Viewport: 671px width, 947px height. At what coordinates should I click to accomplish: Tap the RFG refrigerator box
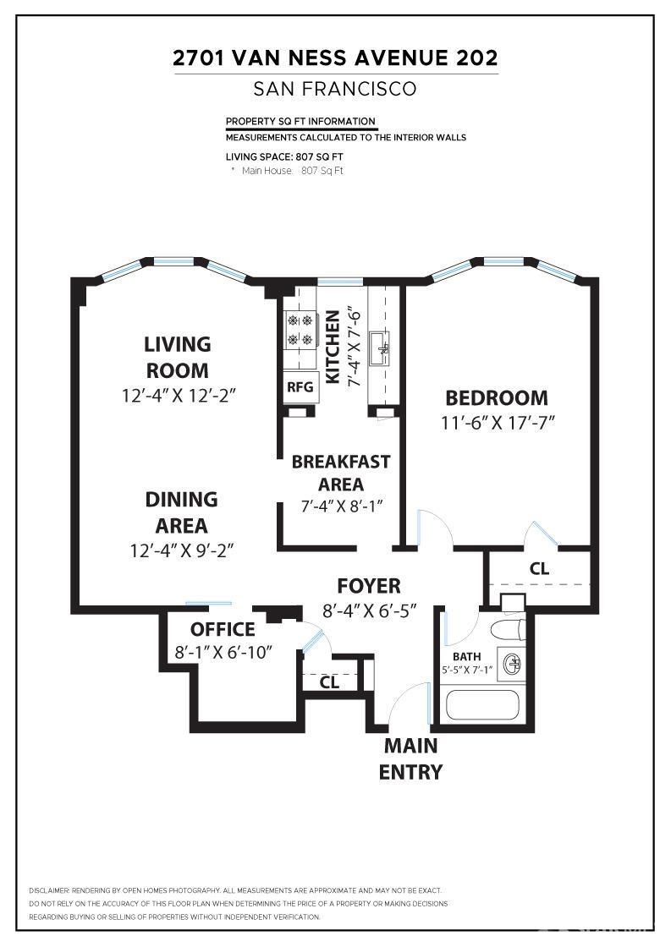pos(300,387)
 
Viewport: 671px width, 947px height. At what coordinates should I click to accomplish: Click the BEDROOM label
pos(496,397)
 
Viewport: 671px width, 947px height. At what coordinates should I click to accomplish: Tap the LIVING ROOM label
pos(177,357)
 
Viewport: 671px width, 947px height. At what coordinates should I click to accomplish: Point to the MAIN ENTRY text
pos(410,758)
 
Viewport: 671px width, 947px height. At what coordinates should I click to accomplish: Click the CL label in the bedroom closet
pos(539,569)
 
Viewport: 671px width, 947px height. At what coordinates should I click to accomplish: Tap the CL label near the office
pos(329,682)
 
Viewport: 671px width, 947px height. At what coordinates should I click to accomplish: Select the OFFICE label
pos(222,629)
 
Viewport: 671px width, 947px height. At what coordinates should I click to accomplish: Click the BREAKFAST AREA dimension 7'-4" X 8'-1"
pos(341,507)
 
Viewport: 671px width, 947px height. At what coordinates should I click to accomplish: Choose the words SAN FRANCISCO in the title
pos(335,89)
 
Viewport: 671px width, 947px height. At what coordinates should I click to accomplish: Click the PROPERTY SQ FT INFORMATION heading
pos(300,122)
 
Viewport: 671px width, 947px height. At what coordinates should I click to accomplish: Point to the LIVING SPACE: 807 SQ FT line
pos(284,156)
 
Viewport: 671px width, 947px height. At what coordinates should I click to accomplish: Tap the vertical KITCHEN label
pos(333,347)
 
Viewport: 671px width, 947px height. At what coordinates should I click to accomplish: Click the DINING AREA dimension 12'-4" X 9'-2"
pos(181,550)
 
